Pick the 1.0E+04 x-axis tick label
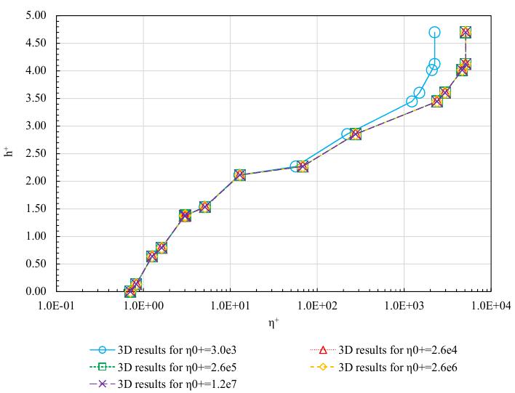click(x=491, y=306)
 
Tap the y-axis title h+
click(x=9, y=153)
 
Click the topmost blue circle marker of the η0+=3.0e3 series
click(x=434, y=32)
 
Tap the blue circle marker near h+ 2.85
click(x=348, y=134)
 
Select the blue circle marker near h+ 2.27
click(x=295, y=166)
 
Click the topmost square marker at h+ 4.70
click(x=466, y=32)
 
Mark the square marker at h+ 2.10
click(x=240, y=175)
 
